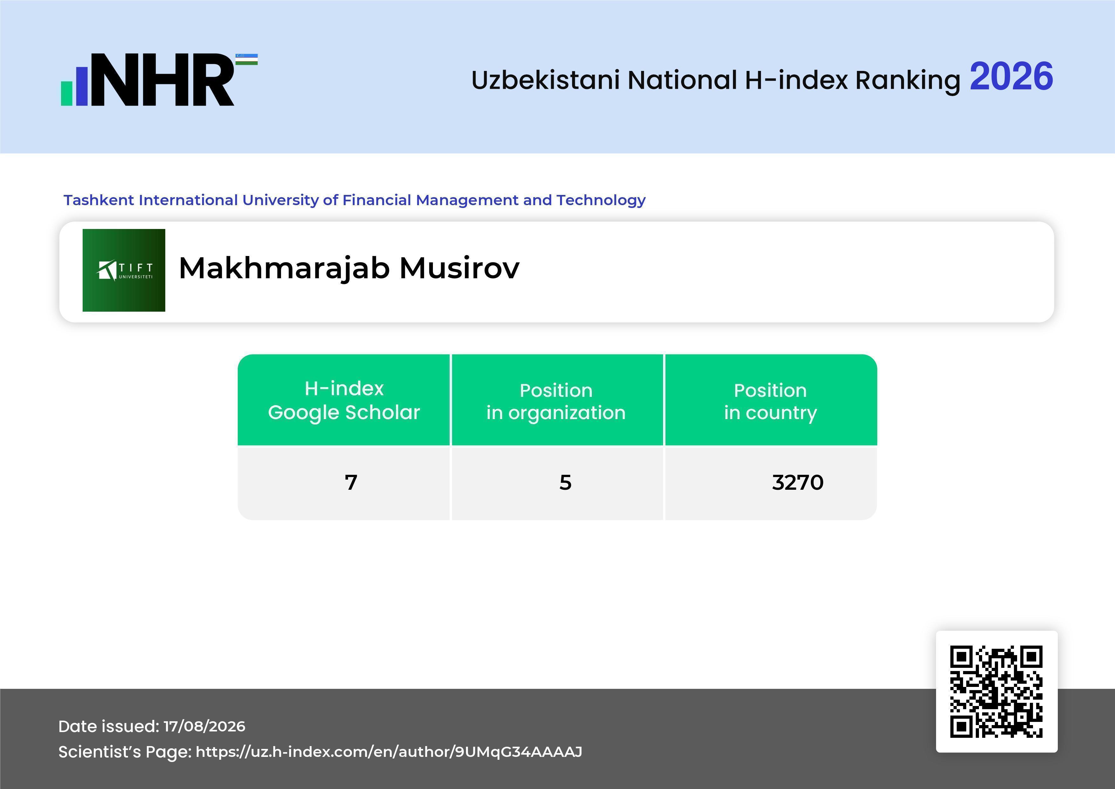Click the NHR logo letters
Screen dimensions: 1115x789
point(163,80)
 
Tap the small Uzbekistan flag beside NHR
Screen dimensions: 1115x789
point(247,59)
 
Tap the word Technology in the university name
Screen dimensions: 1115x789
point(601,200)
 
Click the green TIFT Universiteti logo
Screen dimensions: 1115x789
point(124,270)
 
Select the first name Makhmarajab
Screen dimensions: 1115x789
point(284,269)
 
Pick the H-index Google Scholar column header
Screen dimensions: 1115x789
point(344,400)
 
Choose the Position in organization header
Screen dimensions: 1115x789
point(556,401)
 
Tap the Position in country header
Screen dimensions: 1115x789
point(770,401)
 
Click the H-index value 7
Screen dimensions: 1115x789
point(351,482)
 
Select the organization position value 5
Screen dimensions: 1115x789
point(565,482)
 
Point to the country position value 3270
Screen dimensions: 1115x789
point(798,482)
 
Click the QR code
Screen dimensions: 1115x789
point(996,691)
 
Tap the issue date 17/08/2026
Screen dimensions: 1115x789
point(204,726)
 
